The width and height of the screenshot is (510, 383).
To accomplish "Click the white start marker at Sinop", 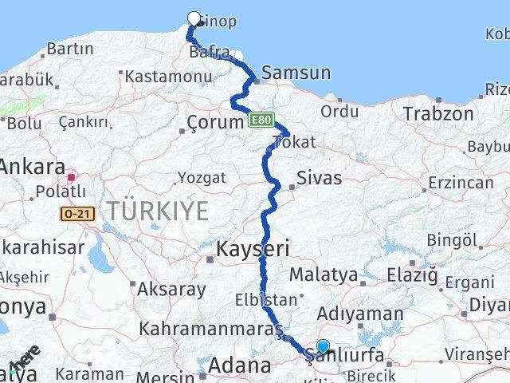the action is [194, 18].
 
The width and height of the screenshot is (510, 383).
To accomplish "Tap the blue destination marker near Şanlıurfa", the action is [323, 346].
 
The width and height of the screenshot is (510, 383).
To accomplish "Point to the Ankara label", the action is [33, 168].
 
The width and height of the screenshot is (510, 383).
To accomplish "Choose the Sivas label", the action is [319, 177].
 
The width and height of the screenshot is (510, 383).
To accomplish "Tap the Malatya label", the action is [323, 274].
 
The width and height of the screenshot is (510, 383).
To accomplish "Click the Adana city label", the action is [239, 366].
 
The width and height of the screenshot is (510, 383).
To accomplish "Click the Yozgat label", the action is [202, 176].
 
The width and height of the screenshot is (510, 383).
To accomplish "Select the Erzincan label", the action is [460, 183].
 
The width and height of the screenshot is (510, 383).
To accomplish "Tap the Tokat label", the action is [294, 142].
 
